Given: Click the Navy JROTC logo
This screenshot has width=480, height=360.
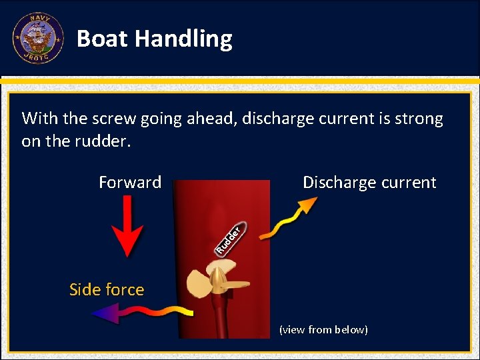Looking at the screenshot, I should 37,38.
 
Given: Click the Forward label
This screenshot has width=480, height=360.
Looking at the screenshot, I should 130,183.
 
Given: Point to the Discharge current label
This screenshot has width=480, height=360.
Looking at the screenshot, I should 369,183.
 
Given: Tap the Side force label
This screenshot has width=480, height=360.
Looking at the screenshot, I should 107,289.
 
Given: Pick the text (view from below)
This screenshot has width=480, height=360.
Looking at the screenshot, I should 323,330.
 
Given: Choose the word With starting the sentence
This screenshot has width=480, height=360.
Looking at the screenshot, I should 39,119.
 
